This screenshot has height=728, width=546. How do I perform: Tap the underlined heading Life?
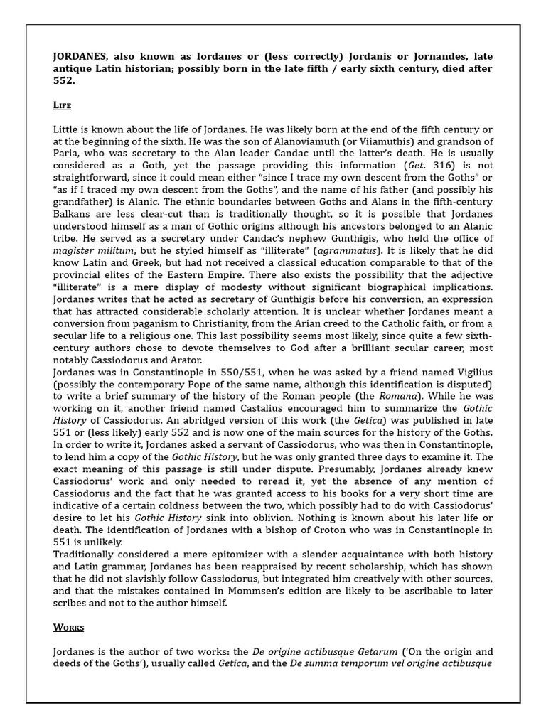63,105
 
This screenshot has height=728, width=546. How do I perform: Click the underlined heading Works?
69,627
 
